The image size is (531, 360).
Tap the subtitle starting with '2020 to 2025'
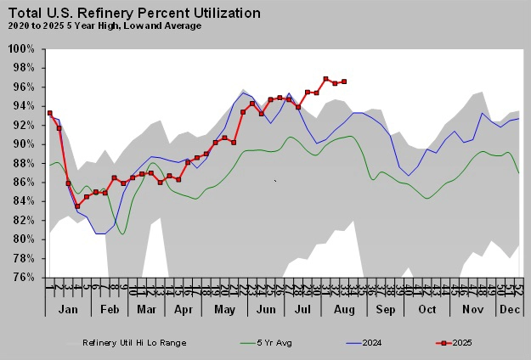[x=105, y=26]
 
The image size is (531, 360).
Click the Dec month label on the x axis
[x=509, y=310]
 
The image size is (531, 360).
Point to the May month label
[x=224, y=310]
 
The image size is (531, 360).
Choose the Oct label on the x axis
[x=426, y=310]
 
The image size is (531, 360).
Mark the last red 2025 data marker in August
[x=344, y=82]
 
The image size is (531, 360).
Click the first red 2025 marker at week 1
[x=50, y=113]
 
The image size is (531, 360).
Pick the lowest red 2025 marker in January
[x=77, y=206]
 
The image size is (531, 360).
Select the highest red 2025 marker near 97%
[x=325, y=79]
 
